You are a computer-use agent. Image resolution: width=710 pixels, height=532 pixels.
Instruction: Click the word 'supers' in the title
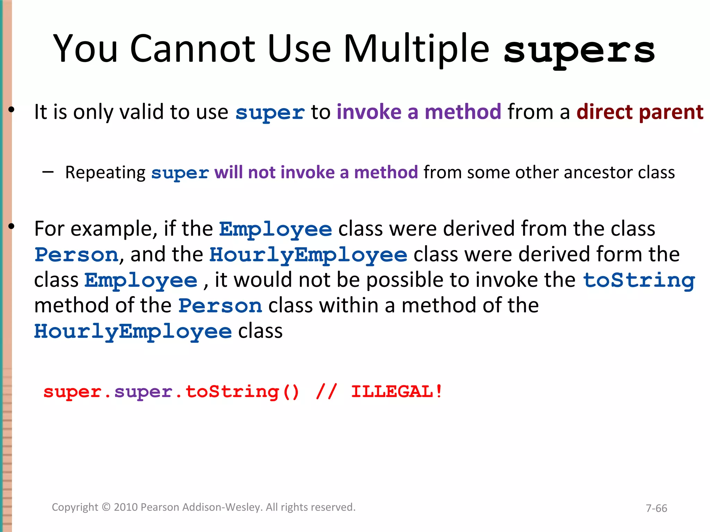coord(579,50)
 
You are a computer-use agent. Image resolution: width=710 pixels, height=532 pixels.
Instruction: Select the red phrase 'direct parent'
coord(640,112)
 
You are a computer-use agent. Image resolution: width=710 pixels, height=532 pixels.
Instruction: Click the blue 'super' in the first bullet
coord(270,113)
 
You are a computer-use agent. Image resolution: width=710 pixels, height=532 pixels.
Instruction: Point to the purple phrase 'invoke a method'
coord(419,112)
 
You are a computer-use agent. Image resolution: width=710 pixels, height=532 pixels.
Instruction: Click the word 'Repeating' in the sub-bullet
coord(105,172)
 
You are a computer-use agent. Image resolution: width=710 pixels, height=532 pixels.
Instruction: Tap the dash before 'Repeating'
coord(48,171)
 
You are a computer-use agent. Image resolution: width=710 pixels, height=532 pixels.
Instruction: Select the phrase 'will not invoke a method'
coord(316,172)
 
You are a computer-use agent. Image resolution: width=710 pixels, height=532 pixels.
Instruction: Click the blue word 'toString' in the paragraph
coord(639,280)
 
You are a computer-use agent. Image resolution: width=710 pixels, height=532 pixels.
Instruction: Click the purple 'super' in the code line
coord(144,392)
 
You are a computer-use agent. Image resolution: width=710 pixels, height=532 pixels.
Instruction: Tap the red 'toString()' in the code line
coord(242,392)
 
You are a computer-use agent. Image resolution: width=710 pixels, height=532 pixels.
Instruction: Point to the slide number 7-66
coord(656,508)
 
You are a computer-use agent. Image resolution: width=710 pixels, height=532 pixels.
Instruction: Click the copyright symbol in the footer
coord(106,507)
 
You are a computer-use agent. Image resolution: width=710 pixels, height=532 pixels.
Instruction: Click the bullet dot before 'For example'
coord(11,227)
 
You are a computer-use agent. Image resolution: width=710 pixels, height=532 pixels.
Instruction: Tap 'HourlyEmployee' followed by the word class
coord(133,331)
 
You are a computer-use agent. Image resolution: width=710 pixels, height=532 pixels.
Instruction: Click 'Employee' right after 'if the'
coord(276,229)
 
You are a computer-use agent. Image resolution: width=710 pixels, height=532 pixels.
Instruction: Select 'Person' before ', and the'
coord(77,255)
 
